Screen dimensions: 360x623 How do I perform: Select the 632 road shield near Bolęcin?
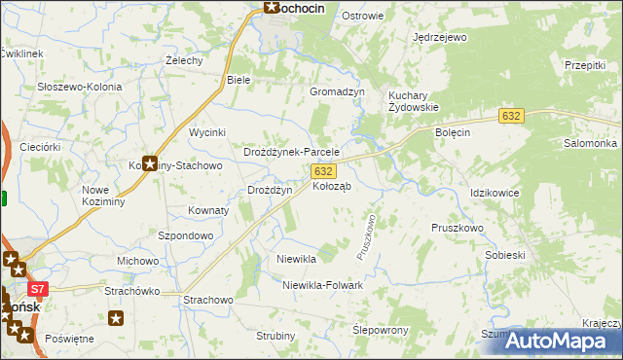point(512,116)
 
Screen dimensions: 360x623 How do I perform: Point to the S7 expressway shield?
point(38,289)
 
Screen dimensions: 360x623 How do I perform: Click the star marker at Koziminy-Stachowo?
point(150,163)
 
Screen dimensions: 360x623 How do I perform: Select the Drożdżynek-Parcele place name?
point(290,153)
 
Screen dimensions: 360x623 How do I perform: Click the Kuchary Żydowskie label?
point(414,101)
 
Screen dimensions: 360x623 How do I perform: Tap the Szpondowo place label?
point(185,235)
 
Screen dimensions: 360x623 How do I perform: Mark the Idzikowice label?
point(495,193)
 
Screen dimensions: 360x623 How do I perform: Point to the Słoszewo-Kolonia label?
point(79,87)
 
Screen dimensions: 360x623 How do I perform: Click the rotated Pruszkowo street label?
point(367,236)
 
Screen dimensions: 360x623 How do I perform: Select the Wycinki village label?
point(207,131)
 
